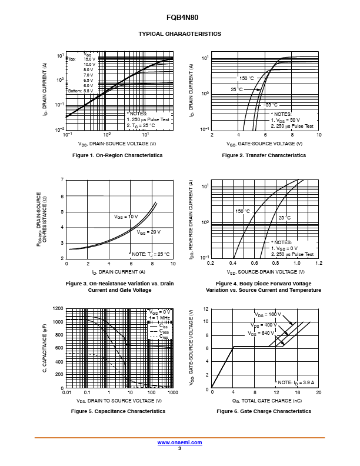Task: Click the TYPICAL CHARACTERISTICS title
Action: pos(179,34)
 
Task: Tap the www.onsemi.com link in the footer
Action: pos(179,442)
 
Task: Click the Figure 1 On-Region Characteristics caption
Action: pos(117,155)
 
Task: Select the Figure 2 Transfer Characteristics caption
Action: pos(264,155)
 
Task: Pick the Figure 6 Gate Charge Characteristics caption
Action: pos(264,411)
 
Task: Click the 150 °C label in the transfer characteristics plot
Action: pos(246,78)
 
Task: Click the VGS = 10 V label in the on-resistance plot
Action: pos(126,217)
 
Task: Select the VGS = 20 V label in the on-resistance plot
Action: pos(149,232)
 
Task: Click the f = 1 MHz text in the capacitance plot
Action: pos(159,318)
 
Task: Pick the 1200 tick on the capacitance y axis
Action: pos(58,308)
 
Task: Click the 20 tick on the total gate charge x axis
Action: pos(318,392)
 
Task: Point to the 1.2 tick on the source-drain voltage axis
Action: pos(318,263)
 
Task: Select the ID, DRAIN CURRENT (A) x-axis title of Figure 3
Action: pos(119,272)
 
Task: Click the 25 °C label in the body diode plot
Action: pos(285,218)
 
